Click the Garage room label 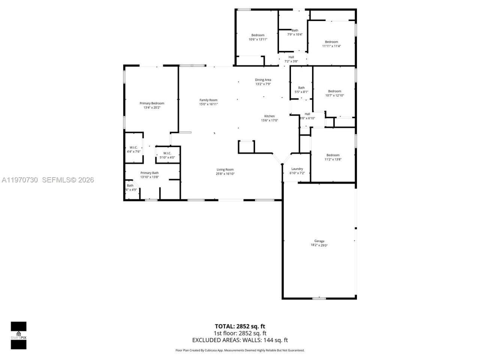click(319, 241)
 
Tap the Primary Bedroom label click(152, 103)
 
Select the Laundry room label click(297, 169)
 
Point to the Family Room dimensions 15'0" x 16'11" click(208, 104)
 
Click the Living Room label click(225, 169)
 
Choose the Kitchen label click(269, 116)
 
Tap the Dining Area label click(263, 80)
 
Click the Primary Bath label click(150, 173)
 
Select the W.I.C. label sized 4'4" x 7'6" click(133, 147)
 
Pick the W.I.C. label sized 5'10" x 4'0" click(167, 153)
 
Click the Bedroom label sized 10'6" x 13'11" click(258, 35)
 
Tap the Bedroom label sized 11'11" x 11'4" click(331, 42)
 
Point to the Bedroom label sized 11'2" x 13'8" click(333, 155)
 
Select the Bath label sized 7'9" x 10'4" click(295, 30)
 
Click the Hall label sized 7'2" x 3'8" click(291, 57)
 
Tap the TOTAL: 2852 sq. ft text click(240, 326)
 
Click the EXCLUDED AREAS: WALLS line click(240, 340)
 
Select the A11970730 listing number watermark click(19, 180)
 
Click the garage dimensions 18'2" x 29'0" click(319, 245)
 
